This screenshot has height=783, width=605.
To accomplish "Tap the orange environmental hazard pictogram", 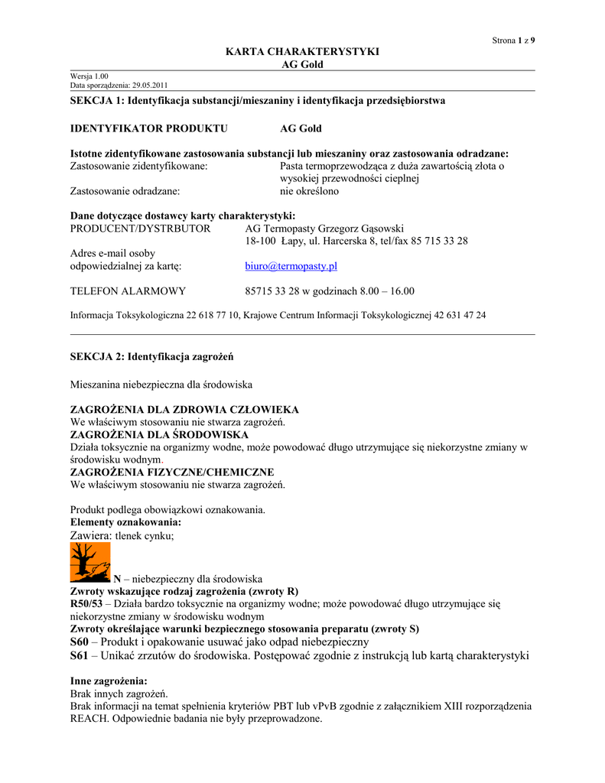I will point(90,563).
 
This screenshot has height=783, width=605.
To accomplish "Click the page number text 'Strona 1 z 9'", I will point(512,41).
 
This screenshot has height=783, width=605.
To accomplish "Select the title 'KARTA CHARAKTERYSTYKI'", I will point(302,51).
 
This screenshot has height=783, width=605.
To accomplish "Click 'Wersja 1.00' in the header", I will point(89,76).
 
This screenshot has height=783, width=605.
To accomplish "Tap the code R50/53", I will point(86,604).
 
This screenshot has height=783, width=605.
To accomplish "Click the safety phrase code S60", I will point(80,642).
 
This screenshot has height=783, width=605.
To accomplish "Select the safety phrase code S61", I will point(80,655).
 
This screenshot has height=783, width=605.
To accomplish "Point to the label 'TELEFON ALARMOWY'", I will point(128,291).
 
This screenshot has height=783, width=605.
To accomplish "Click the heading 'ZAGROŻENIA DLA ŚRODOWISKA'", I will point(159,435).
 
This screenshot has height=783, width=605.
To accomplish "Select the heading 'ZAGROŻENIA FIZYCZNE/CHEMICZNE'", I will point(172,473).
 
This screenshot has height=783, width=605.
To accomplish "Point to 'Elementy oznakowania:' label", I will point(125,522).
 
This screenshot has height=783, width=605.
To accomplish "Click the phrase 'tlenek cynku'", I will point(145,536).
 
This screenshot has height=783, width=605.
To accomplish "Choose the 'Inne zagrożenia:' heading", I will point(109,681).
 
